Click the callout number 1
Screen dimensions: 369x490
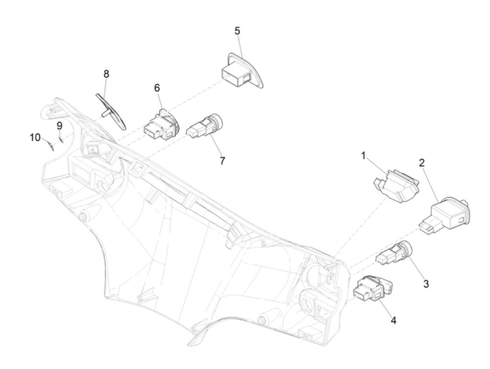tap(363, 155)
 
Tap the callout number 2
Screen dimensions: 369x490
tap(422, 163)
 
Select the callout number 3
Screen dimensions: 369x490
tap(426, 283)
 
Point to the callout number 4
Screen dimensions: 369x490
tap(393, 320)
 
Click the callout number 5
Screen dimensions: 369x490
tap(237, 31)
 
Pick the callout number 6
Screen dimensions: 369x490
tap(157, 88)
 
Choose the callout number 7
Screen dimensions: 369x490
tap(222, 161)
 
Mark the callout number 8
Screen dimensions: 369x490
tap(106, 74)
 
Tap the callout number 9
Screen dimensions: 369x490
tap(59, 125)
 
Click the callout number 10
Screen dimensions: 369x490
tap(35, 137)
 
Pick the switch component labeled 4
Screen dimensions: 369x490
tap(372, 288)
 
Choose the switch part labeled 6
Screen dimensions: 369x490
tap(162, 125)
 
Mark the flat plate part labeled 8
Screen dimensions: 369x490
tap(110, 110)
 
